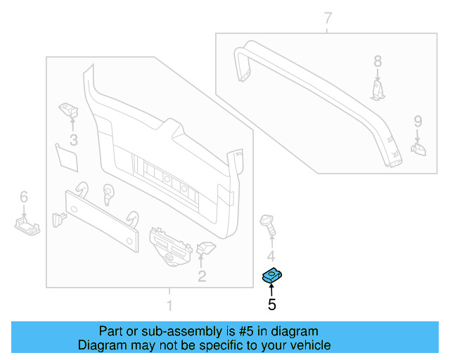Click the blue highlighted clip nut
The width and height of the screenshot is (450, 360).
click(x=271, y=276)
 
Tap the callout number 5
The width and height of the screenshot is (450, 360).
click(x=271, y=304)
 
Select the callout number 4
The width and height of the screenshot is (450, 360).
click(x=271, y=256)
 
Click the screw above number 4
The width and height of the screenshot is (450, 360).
click(x=268, y=226)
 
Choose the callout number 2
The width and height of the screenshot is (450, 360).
click(x=202, y=276)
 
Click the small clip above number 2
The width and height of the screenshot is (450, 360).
click(x=206, y=247)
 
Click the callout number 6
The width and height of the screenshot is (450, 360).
click(x=23, y=196)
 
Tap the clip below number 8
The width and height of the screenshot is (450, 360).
click(x=378, y=89)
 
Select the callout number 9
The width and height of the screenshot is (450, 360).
click(x=417, y=121)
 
